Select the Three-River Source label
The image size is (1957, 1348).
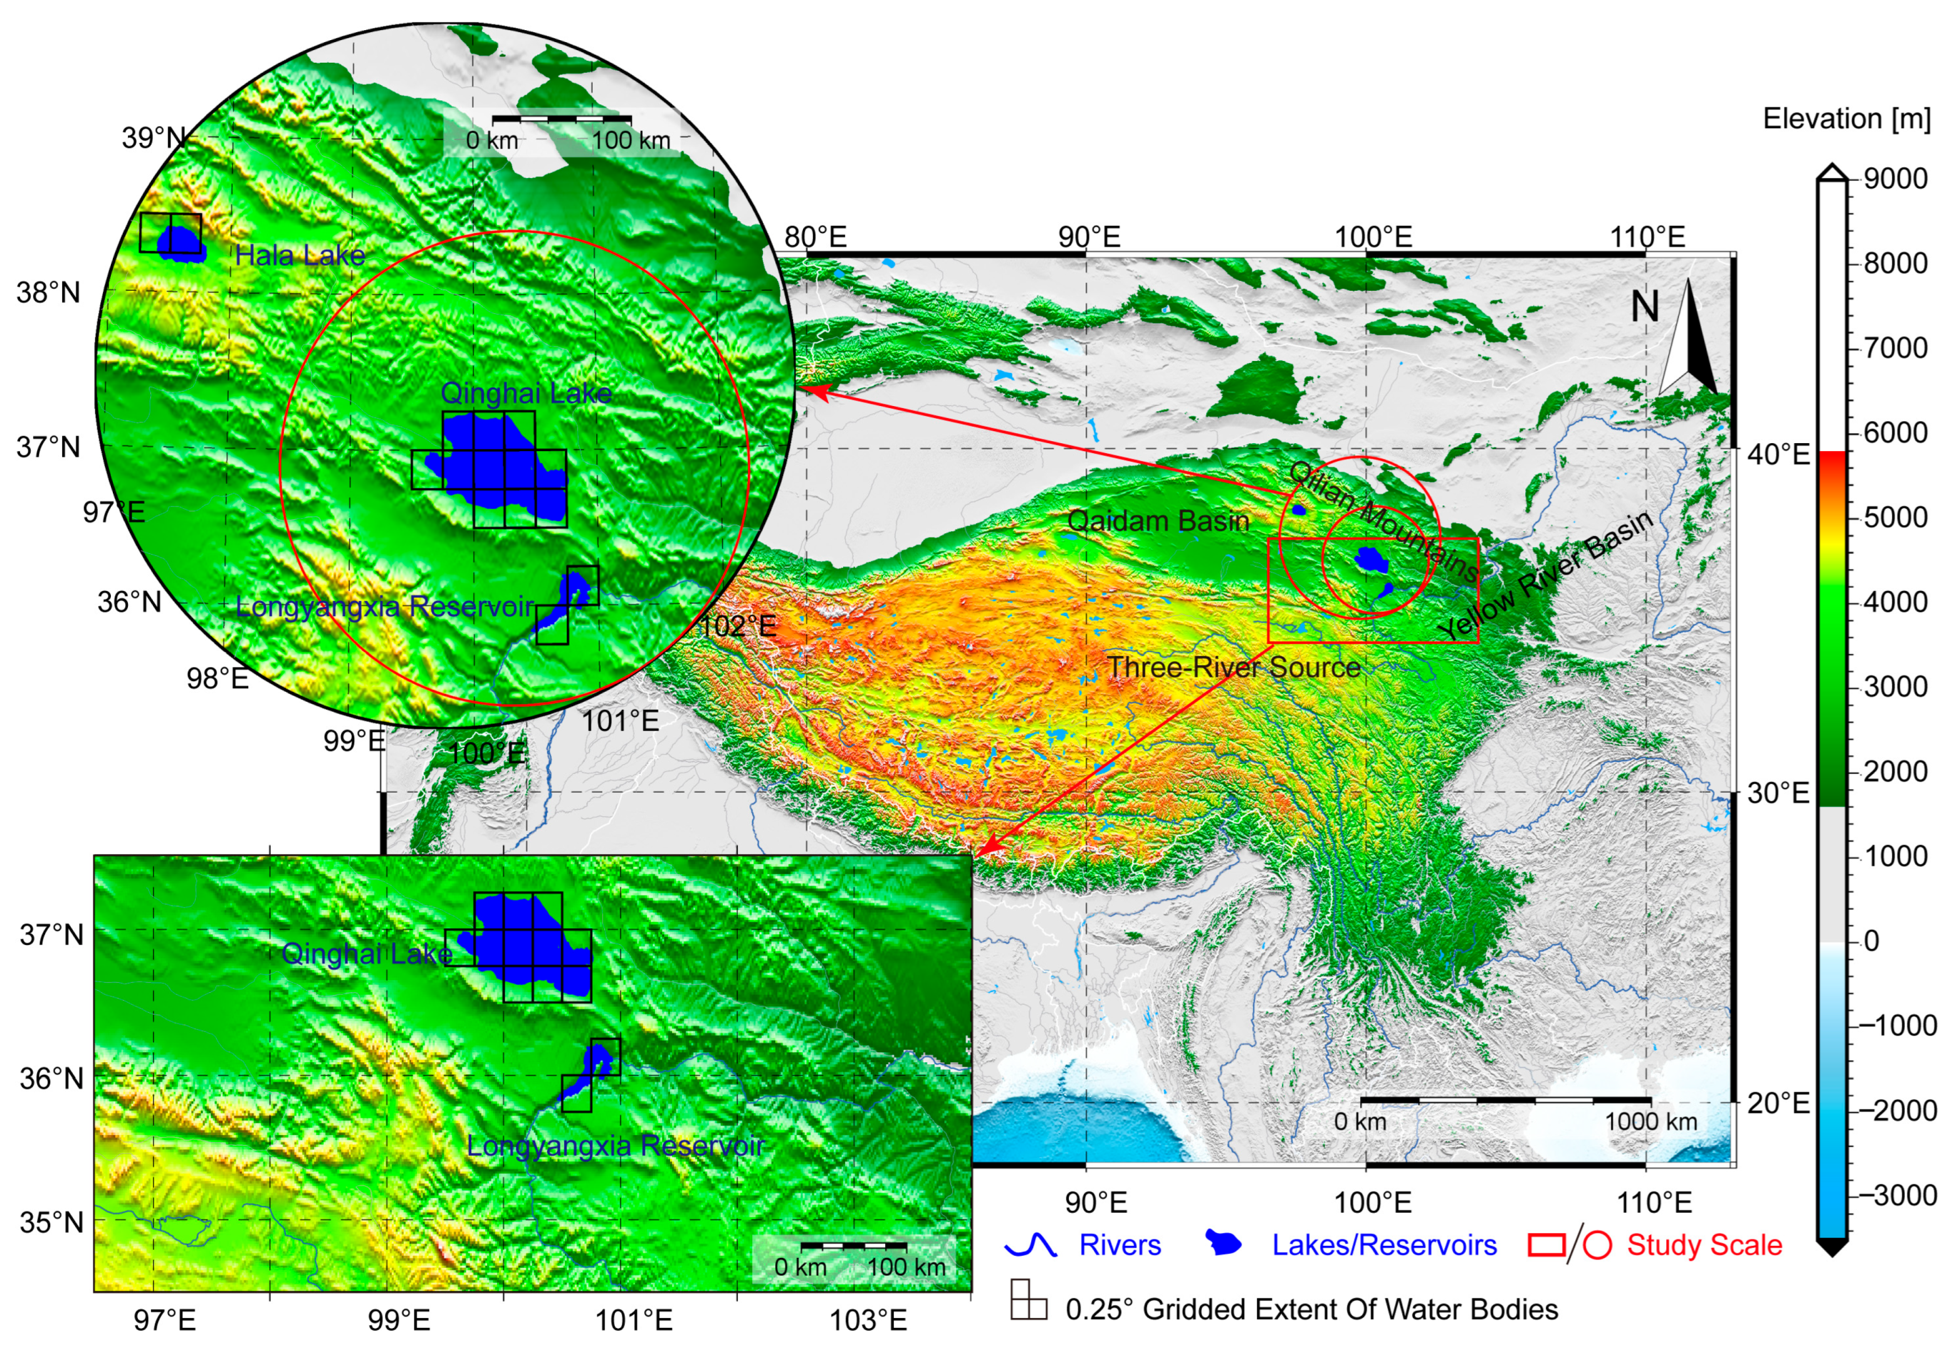tap(1234, 667)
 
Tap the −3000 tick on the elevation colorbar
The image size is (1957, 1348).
tap(1897, 1196)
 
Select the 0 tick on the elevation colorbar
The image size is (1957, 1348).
tap(1871, 941)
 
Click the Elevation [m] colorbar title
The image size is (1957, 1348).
tap(1846, 119)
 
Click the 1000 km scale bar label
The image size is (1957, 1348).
tap(1651, 1122)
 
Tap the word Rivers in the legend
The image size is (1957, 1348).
tap(1120, 1245)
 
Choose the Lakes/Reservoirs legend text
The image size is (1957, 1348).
tap(1384, 1245)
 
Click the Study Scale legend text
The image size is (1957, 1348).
tap(1704, 1245)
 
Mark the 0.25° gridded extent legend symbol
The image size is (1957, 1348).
tap(1028, 1300)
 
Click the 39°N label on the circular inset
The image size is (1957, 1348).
tap(153, 138)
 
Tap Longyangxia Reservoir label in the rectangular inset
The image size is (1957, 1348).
tap(616, 1146)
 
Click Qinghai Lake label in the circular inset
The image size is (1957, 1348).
tap(525, 393)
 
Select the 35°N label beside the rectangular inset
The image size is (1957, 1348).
tap(51, 1222)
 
